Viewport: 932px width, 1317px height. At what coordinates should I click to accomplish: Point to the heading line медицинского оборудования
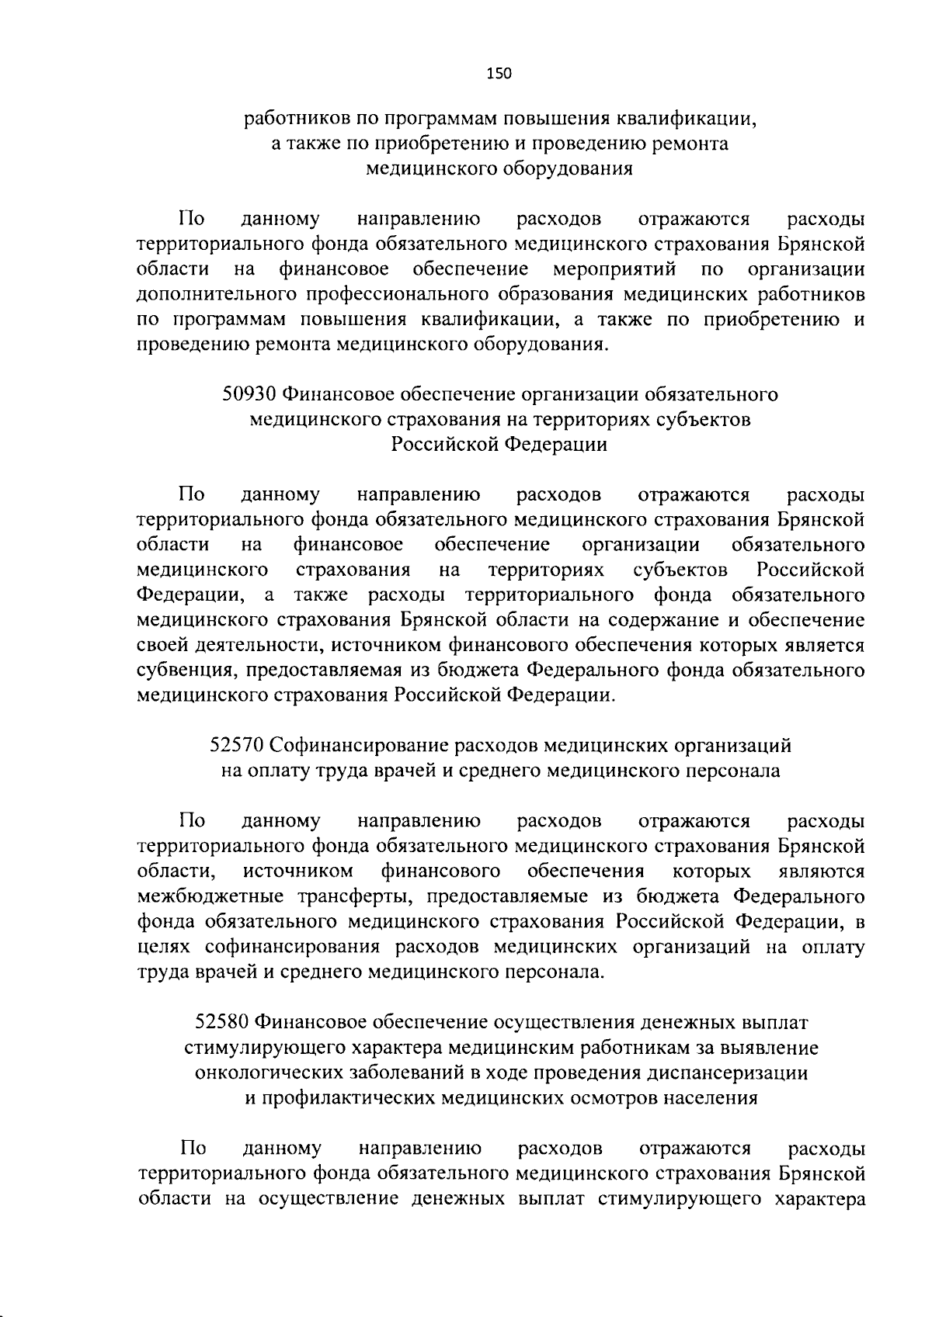[499, 169]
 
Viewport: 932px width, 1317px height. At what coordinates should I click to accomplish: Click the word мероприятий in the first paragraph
[614, 269]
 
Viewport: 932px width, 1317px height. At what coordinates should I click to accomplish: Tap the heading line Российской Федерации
[499, 445]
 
